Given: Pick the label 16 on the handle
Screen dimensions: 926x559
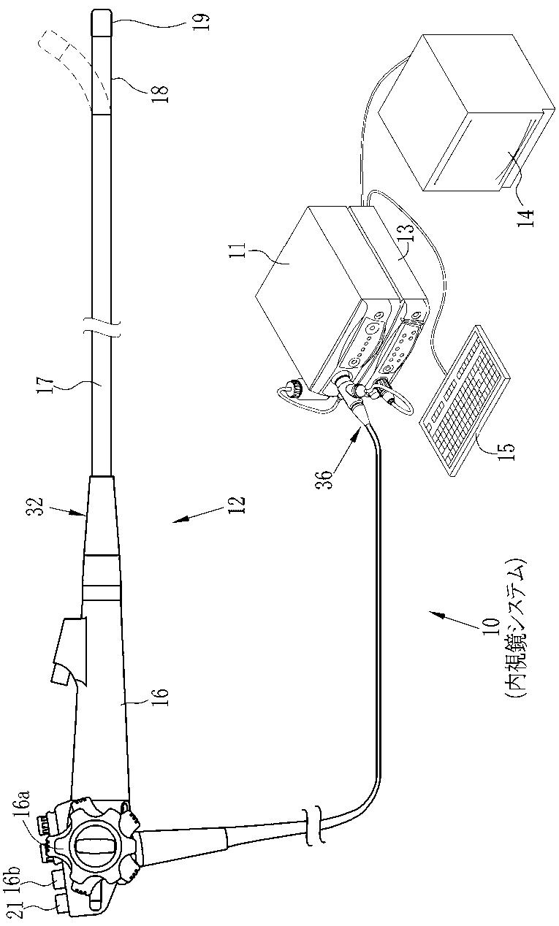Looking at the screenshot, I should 160,692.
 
